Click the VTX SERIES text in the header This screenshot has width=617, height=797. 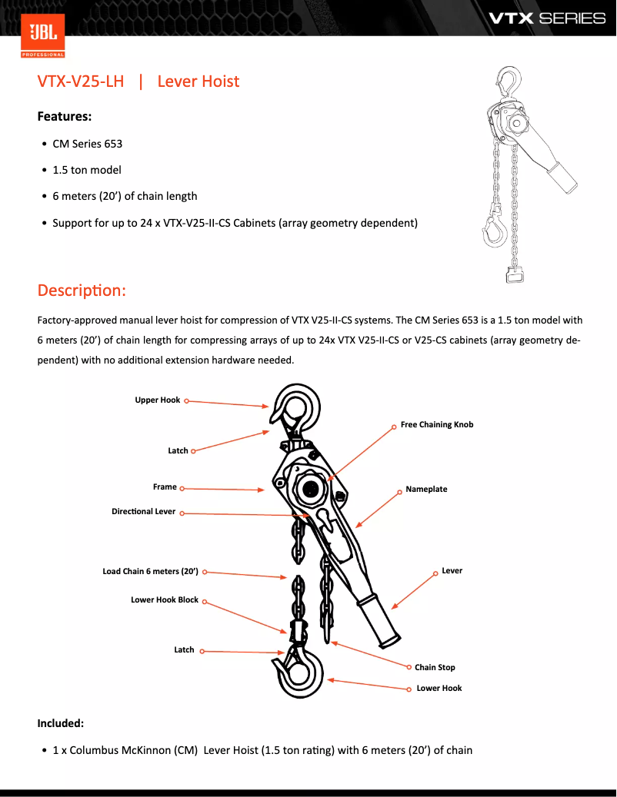(547, 18)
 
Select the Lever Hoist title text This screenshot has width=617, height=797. (198, 81)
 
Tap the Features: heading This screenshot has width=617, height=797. (65, 117)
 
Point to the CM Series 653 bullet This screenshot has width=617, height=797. (87, 144)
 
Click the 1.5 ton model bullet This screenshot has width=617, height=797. (86, 170)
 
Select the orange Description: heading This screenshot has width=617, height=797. (82, 291)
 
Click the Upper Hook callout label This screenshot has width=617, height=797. (158, 400)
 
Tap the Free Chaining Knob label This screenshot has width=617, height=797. (437, 424)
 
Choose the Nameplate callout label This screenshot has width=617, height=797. (426, 490)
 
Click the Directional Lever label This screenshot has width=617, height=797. (143, 512)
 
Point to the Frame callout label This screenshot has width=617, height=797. (165, 487)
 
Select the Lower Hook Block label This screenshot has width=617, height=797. (165, 600)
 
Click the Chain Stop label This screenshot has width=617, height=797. (435, 668)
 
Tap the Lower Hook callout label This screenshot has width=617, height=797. (439, 689)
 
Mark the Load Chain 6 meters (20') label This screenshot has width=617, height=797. (151, 572)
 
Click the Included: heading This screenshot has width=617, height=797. (61, 723)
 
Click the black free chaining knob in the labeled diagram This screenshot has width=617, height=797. (312, 487)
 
